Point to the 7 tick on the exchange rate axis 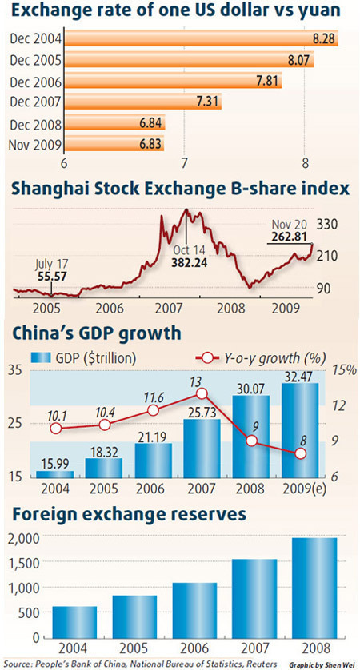tap(185, 164)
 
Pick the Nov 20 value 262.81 tap(286, 236)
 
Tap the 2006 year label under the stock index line tap(109, 307)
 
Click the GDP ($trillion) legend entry tap(83, 357)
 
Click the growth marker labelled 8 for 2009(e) tap(300, 453)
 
